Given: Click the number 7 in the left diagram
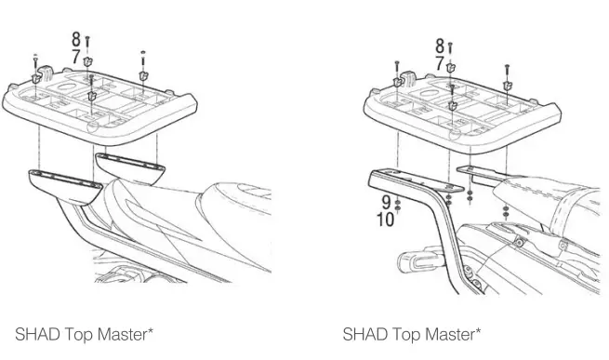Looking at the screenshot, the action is [76, 56].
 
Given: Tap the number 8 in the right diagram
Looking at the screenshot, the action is [439, 45].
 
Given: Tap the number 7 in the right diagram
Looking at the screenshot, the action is [439, 63].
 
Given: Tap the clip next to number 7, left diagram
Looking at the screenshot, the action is [88, 61].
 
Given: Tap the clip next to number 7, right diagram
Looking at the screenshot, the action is [451, 66].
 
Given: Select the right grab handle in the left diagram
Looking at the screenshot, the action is [130, 167].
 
